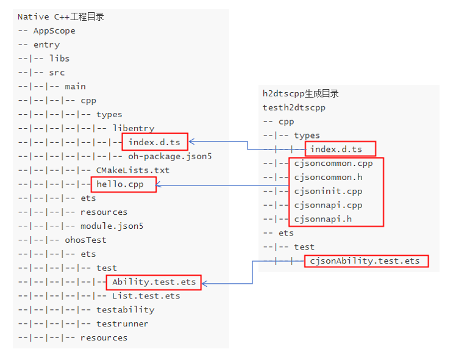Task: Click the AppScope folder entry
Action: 54,31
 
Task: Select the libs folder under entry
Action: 59,59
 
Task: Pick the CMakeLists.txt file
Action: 133,170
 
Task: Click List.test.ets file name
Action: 146,296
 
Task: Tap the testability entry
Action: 125,309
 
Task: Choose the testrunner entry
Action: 122,323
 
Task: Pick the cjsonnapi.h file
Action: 322,219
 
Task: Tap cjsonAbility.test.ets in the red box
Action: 365,261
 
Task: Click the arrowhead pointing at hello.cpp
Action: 160,185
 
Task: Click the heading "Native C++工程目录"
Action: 60,16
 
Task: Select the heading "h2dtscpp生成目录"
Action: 301,93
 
